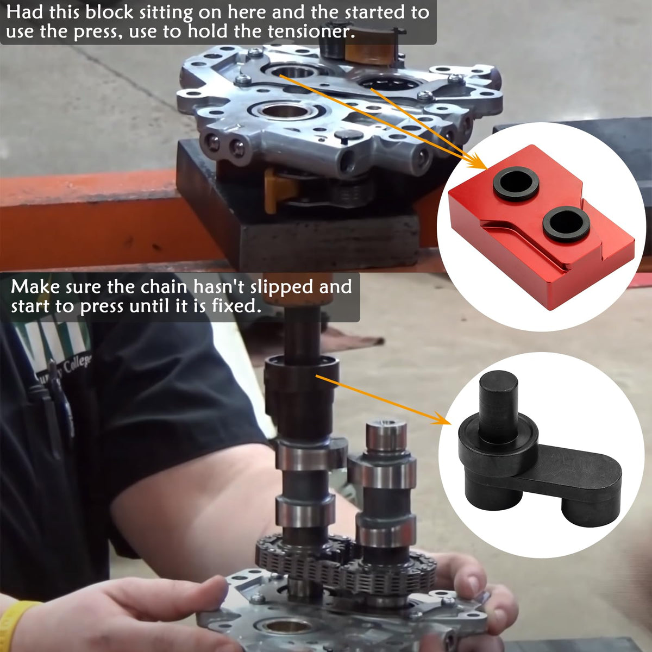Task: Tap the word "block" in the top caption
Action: (x=109, y=12)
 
